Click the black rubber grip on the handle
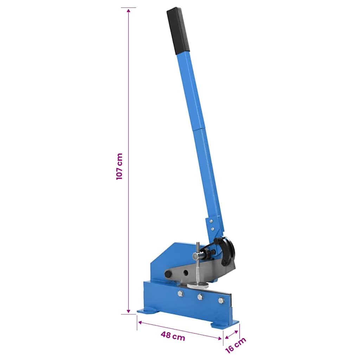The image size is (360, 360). pos(178,31)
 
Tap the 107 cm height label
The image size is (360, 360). pos(120,166)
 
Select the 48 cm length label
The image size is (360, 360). pos(173,336)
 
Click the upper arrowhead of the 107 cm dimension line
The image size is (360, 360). pos(129,10)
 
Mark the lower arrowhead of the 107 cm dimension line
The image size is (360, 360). pos(129,311)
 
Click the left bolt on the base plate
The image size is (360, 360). pos(180,293)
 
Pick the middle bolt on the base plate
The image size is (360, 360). pos(200,297)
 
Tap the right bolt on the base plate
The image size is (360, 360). pos(221,300)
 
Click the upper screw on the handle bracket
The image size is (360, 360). pos(211,221)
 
